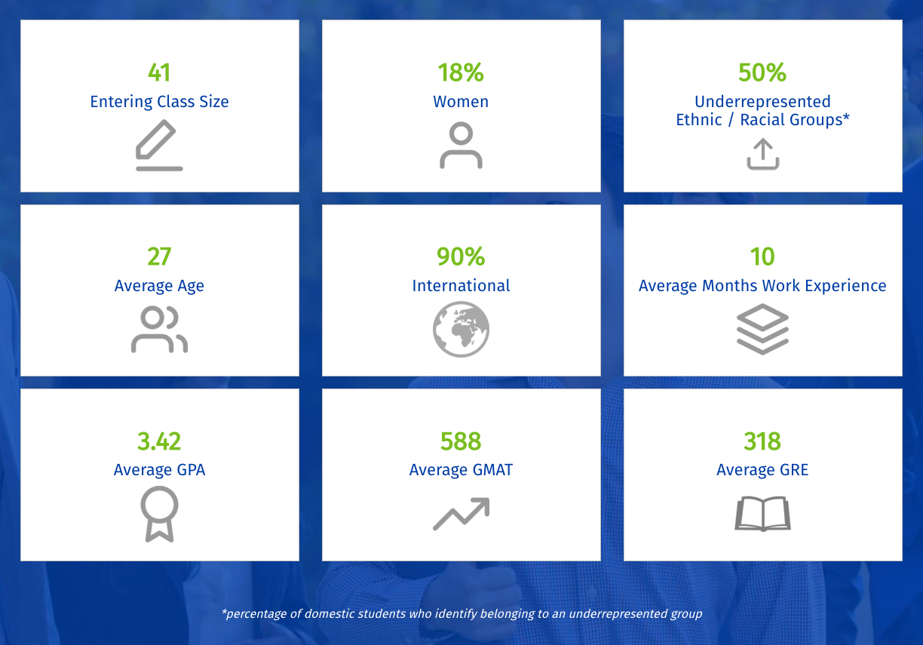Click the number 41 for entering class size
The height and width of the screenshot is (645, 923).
click(159, 72)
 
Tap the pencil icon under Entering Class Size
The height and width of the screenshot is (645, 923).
click(159, 146)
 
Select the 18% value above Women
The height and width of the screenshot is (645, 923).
click(461, 72)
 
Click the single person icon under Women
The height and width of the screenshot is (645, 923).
click(461, 146)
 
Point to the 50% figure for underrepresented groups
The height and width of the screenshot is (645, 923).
click(762, 72)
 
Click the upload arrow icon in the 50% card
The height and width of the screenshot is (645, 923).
click(762, 155)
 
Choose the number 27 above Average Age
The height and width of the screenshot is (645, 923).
click(159, 256)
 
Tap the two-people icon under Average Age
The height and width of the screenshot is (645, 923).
click(159, 330)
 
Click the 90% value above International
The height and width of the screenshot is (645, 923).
click(461, 256)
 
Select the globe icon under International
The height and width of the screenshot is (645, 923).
click(461, 330)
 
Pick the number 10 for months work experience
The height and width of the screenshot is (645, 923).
click(762, 256)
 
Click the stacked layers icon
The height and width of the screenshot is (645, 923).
click(762, 330)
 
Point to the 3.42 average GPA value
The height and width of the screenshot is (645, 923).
click(159, 441)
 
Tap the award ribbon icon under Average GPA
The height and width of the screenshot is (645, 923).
click(159, 514)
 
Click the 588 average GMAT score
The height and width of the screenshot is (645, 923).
click(461, 441)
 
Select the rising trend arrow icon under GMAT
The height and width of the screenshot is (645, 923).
click(461, 514)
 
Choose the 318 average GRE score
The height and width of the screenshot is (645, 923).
click(762, 441)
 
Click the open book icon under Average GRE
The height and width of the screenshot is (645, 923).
click(762, 514)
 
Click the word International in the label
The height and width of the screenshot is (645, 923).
click(461, 286)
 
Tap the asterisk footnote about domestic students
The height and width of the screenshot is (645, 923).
click(461, 613)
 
